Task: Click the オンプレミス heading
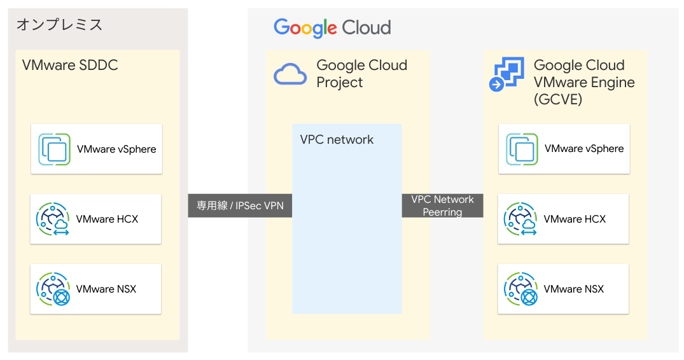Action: (59, 25)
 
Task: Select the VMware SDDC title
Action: (70, 66)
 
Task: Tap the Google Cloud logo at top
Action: (332, 28)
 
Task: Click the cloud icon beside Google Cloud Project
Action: (290, 74)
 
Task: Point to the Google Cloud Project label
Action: (361, 74)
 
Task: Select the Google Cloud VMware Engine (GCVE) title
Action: (583, 82)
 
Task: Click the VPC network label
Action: (337, 140)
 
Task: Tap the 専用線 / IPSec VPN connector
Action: (240, 206)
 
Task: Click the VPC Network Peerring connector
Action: (442, 206)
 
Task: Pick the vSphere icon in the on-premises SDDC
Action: (54, 149)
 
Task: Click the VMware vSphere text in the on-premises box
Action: (116, 149)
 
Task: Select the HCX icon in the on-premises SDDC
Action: (53, 219)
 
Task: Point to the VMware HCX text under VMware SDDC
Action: (107, 219)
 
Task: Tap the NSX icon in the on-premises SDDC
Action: (53, 289)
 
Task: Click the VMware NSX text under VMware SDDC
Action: (106, 289)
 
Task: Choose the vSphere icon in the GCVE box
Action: (522, 149)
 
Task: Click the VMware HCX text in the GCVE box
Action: (575, 219)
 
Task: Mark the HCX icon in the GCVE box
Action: (520, 219)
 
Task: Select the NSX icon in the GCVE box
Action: (520, 289)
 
